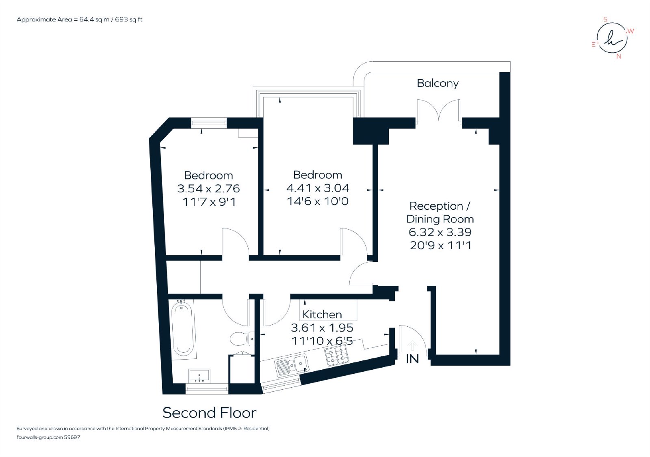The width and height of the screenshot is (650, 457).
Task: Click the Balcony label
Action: [x=438, y=83]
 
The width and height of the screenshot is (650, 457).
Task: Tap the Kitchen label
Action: [x=322, y=314]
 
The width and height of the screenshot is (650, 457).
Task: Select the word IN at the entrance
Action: [x=412, y=359]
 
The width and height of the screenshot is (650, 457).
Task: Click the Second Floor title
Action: [x=209, y=413]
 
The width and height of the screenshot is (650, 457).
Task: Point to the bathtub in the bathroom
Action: [x=182, y=330]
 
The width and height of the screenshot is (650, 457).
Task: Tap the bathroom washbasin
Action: [x=199, y=376]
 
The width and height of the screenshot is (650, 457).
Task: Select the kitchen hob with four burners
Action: [x=336, y=356]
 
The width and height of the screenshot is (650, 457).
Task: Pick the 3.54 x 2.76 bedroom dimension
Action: [x=208, y=188]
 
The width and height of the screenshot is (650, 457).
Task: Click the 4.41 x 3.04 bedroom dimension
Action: [x=318, y=188]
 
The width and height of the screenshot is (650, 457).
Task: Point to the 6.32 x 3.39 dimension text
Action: [x=440, y=232]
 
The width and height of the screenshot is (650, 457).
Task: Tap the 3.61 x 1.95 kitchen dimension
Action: [x=322, y=328]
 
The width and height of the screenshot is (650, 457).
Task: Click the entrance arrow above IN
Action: [x=412, y=346]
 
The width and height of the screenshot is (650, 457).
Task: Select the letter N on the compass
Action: [x=619, y=56]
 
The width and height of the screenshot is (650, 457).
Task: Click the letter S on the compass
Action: [x=605, y=19]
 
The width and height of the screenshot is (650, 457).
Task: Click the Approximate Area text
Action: [x=80, y=20]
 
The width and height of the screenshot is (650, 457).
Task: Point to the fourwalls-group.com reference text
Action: [x=48, y=437]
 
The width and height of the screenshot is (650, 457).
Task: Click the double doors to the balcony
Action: [x=439, y=110]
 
